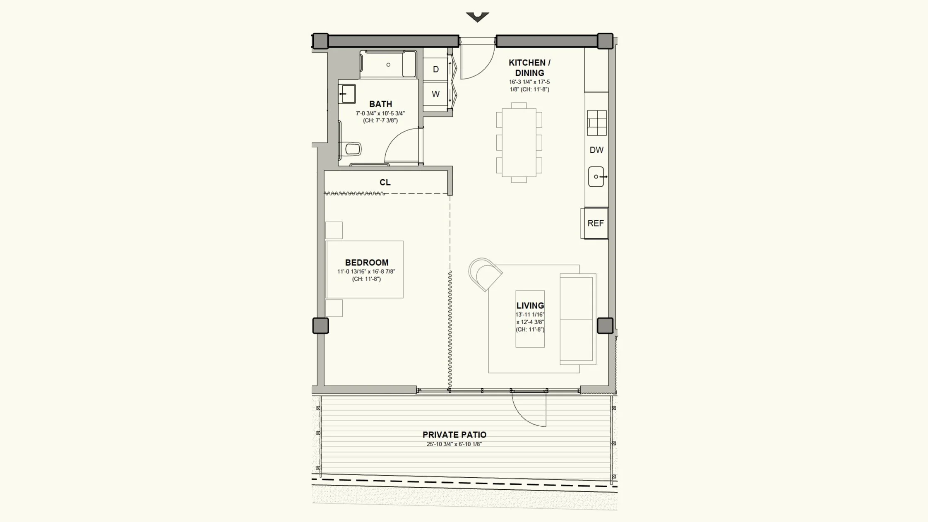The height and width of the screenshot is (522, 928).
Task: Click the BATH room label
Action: coord(380,104)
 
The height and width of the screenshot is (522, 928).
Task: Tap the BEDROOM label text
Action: coord(367,262)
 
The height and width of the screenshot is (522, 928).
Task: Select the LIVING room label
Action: coord(530,306)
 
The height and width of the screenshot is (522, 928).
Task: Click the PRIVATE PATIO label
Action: coord(454,435)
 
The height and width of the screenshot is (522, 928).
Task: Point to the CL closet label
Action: coord(385,182)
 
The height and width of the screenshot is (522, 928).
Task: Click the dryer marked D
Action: coord(435,69)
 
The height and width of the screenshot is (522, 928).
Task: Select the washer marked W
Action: coord(435,94)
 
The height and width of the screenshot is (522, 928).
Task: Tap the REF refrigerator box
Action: coord(595,223)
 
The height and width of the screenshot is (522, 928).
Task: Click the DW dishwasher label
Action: coord(596,150)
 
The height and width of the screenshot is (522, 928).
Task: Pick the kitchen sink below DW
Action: coord(596,177)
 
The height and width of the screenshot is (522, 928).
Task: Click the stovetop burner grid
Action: coord(597,123)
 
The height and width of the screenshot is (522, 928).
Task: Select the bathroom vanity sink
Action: coord(347,94)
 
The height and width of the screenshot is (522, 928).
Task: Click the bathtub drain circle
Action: coord(388,65)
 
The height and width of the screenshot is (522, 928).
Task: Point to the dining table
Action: coord(519,142)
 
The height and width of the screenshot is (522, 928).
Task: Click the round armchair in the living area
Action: coord(485,274)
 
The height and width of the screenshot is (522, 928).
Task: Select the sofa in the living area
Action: coord(578,319)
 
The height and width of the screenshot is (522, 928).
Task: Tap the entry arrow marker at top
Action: coord(478,17)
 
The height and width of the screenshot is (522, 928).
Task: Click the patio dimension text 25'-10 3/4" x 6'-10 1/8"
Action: coord(454,444)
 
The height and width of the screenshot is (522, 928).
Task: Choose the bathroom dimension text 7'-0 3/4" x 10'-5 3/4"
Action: coord(380,113)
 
